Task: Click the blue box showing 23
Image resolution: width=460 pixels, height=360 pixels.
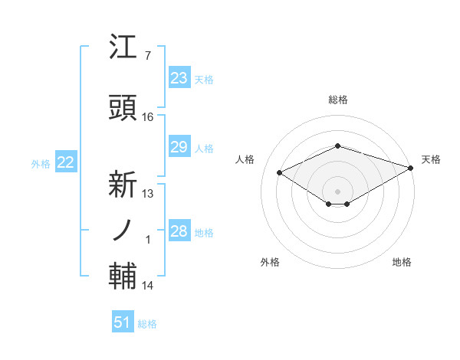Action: [x=179, y=78]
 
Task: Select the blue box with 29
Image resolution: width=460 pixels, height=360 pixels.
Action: [x=179, y=147]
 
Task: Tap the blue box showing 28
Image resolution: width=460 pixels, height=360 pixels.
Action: [x=179, y=231]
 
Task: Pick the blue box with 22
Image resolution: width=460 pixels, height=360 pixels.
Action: [x=65, y=162]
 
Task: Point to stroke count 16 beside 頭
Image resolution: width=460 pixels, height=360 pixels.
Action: [x=148, y=117]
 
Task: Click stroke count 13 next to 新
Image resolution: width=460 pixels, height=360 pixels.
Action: [x=148, y=194]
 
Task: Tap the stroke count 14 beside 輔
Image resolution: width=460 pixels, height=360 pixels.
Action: [x=148, y=286]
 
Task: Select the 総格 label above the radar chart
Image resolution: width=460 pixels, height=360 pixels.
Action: [x=337, y=100]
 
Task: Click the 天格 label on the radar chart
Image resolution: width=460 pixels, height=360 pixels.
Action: [x=431, y=159]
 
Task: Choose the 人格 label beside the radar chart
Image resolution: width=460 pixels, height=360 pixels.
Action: [x=245, y=159]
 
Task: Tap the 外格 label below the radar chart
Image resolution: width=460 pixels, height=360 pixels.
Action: [x=270, y=262]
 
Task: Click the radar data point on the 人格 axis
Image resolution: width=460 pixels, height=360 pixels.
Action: [x=279, y=172]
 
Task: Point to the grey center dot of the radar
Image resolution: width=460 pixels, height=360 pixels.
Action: [x=337, y=190]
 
